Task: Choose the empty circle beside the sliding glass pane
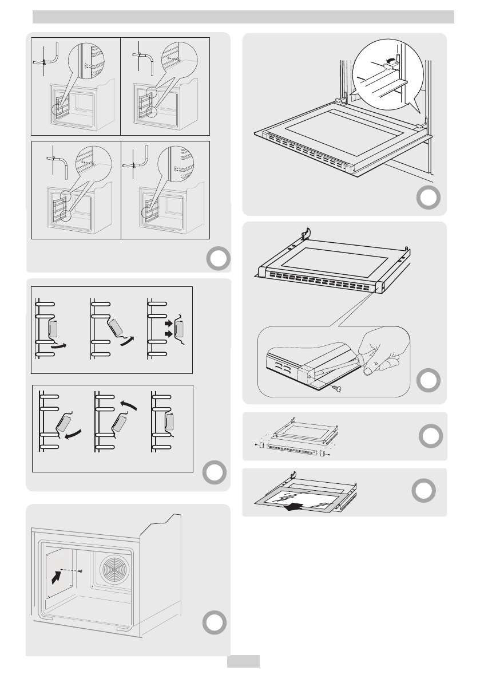point(423,491)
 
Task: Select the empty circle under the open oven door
point(428,198)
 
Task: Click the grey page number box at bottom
point(244,661)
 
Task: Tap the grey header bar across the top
point(243,17)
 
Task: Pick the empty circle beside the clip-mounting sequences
point(214,472)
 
